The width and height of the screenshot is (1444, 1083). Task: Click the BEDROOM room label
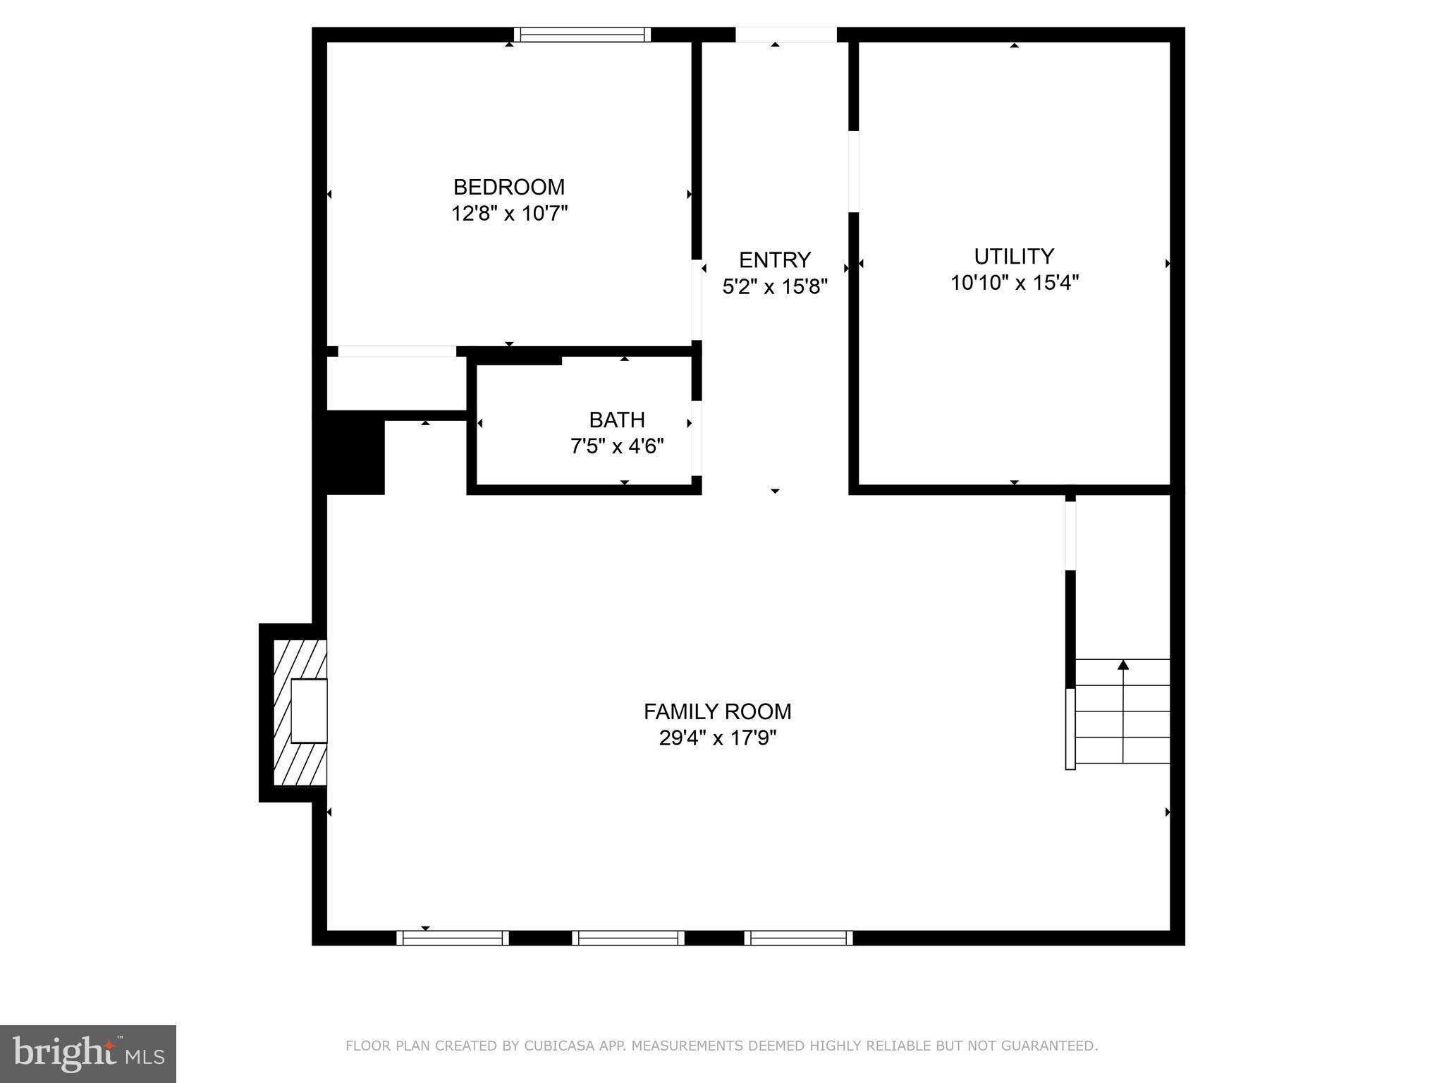508,187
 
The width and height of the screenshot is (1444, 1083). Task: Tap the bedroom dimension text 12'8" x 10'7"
509,213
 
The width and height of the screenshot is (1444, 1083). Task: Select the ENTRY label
774,260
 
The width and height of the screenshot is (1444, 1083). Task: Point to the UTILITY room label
1013,256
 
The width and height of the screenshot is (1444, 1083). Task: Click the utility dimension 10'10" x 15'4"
1014,283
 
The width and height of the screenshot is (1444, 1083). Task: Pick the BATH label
617,420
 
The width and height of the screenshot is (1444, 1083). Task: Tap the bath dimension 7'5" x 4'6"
617,446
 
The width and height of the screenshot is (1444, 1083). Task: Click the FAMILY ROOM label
717,711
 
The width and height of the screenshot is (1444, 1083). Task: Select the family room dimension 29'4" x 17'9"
717,738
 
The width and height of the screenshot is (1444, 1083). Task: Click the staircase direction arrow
1122,665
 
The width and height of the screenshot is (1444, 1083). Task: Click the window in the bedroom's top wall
582,35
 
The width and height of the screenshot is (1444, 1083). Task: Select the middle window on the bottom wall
628,938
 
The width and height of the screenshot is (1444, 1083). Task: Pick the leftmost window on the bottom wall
452,938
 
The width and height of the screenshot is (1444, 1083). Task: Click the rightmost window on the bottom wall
798,938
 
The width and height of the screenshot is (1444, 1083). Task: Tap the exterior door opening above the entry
785,35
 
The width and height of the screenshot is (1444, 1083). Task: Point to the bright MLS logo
87,1054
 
